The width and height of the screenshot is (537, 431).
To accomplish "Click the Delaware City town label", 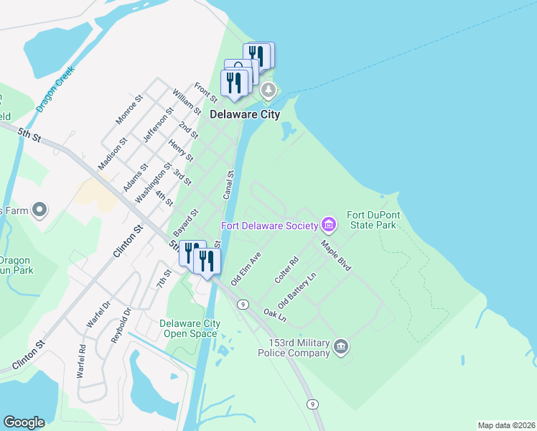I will coord(244,113).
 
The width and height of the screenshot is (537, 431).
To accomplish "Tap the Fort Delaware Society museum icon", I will coord(329,225).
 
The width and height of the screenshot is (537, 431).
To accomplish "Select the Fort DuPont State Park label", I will coord(371,220).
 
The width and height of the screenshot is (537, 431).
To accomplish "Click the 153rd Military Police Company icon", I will coord(341,348).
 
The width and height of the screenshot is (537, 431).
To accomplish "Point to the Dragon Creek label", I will coord(56,88).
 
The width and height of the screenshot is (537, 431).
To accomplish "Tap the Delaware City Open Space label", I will coord(190,329).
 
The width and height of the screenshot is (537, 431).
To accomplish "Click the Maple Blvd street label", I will coord(335,255).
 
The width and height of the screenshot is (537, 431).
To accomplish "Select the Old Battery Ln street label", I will coord(302,287).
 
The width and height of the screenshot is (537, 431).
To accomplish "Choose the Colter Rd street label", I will coord(286,269).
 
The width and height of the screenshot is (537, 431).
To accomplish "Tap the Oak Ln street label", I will coord(275,314).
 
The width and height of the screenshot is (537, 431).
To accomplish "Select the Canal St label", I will coord(230,185).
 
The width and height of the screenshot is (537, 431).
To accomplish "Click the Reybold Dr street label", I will coord(118,325).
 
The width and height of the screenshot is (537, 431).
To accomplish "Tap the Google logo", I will coord(24,422).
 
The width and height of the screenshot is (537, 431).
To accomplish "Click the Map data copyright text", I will coord(506,425).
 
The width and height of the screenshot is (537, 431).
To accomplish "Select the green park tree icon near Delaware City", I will coord(268,91).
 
